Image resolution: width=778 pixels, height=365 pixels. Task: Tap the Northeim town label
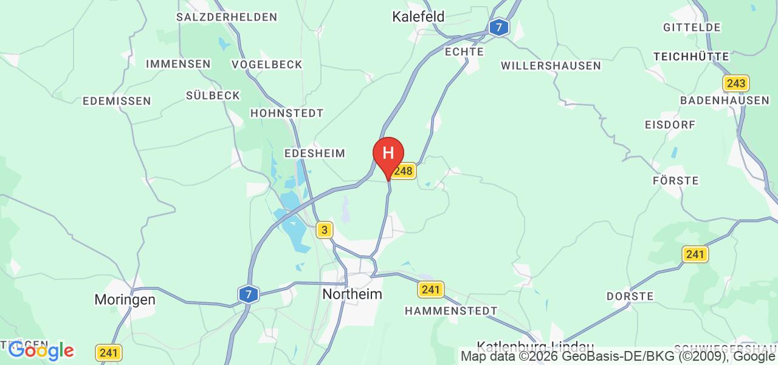[x=353, y=294]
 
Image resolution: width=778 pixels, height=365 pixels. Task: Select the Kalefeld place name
[x=418, y=16]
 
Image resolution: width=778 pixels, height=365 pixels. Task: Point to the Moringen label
[x=125, y=300]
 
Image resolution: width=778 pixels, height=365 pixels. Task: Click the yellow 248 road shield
[x=404, y=172]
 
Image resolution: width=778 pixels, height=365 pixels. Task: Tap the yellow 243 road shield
[x=736, y=83]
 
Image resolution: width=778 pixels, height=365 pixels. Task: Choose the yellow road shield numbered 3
[x=325, y=230]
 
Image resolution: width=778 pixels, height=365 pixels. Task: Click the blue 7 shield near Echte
[x=499, y=27]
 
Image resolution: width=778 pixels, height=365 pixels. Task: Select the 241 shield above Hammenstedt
[x=431, y=290]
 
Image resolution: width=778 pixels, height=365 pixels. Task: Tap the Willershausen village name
[x=551, y=66]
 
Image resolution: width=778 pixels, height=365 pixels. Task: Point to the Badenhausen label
[x=725, y=100]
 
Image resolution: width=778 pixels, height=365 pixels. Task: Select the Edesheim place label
[x=315, y=153]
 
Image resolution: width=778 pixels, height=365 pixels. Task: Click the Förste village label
[x=675, y=181]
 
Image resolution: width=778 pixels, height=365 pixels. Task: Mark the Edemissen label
[x=116, y=101]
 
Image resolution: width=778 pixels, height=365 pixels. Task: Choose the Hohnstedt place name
[x=287, y=113]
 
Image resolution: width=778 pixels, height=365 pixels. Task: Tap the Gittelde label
[x=692, y=27]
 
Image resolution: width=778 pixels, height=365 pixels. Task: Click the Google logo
[x=41, y=350]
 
